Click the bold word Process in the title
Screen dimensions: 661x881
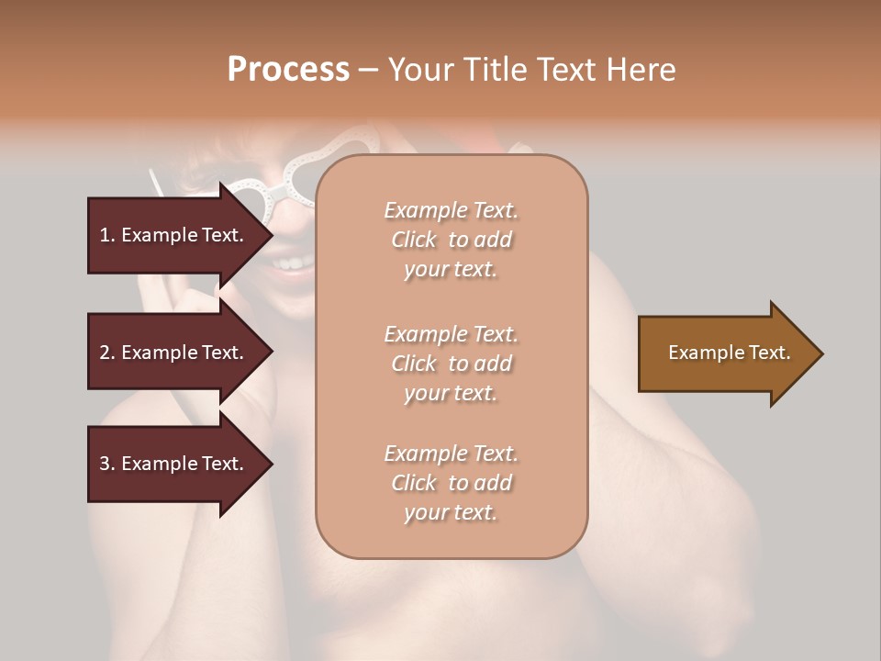tap(288, 70)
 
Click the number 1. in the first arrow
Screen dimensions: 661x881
tap(107, 235)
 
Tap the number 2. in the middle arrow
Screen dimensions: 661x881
tap(107, 353)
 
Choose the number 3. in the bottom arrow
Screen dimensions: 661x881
tap(107, 464)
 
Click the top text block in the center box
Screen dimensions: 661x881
tap(451, 240)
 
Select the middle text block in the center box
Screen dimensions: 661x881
tap(451, 364)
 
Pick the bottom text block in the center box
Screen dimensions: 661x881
tap(451, 483)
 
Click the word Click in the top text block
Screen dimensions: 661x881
tap(414, 240)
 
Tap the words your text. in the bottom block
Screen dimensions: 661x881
tap(451, 512)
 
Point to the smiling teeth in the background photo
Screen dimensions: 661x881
tap(292, 263)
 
